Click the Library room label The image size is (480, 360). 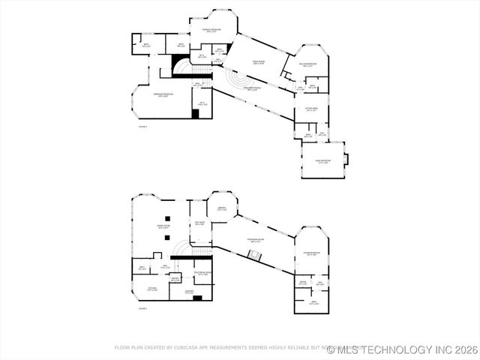[221, 208]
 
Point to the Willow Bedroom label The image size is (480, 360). [307, 65]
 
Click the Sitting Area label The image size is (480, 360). [311, 109]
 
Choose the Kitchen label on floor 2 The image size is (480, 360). [151, 289]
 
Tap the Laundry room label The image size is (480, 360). [190, 292]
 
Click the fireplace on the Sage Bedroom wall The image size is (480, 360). [346, 158]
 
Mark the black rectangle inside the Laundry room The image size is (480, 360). [197, 298]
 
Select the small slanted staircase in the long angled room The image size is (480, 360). [256, 256]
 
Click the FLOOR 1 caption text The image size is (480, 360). [142, 127]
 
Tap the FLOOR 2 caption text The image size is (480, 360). [142, 308]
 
